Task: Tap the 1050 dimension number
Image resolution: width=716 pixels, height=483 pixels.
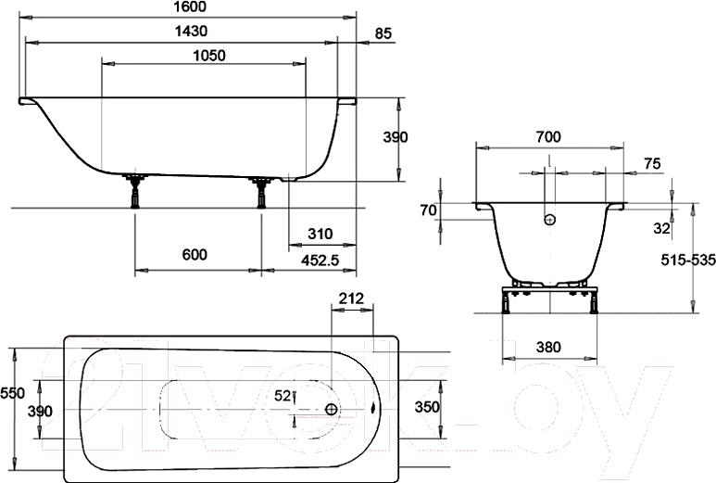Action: point(208,56)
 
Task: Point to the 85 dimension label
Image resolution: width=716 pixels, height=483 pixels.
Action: point(383,33)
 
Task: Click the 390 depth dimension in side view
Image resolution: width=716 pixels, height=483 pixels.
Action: point(396,137)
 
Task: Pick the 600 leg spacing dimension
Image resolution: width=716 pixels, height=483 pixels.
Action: point(194,255)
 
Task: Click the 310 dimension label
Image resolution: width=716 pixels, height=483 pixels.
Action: point(318,234)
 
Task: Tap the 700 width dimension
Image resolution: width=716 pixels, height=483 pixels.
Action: point(547,136)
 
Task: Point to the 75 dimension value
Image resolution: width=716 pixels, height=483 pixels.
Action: point(651,163)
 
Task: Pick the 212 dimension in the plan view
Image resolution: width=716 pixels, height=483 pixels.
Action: point(351,299)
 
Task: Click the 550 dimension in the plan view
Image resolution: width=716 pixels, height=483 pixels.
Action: point(12,393)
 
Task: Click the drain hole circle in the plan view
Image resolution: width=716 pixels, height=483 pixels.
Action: point(332,409)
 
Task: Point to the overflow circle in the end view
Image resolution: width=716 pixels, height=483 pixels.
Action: point(549,220)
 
